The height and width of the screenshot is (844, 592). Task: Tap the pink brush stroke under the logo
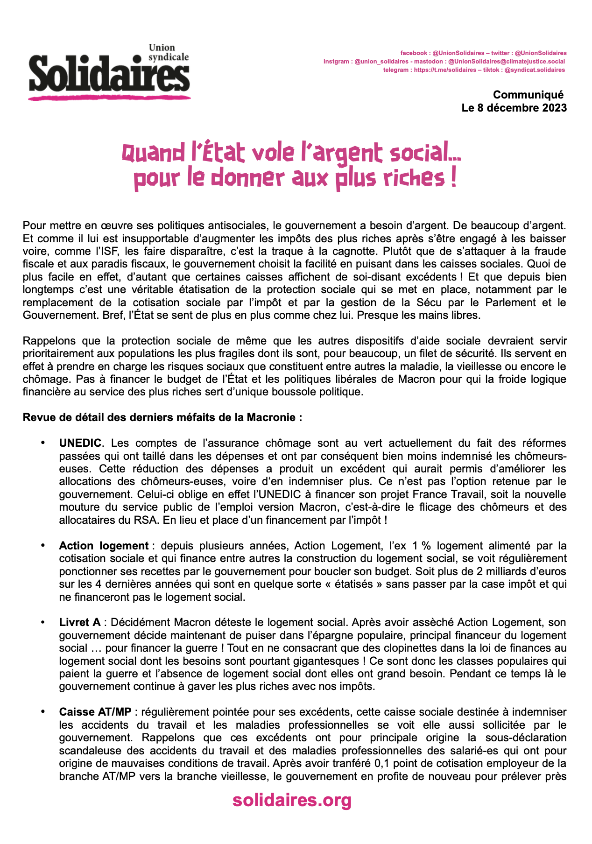coord(109,97)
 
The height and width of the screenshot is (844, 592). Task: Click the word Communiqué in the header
coord(528,95)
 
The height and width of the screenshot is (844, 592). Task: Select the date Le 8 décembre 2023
coord(514,108)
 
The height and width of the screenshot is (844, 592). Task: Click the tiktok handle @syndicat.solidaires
coord(535,70)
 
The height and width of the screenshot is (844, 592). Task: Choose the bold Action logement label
coord(104,546)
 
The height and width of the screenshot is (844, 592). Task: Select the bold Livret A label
coord(80,622)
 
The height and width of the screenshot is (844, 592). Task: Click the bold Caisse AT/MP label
coord(95,712)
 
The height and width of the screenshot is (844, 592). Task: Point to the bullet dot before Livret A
coord(43,622)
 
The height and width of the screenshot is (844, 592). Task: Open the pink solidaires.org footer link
coord(292,800)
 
